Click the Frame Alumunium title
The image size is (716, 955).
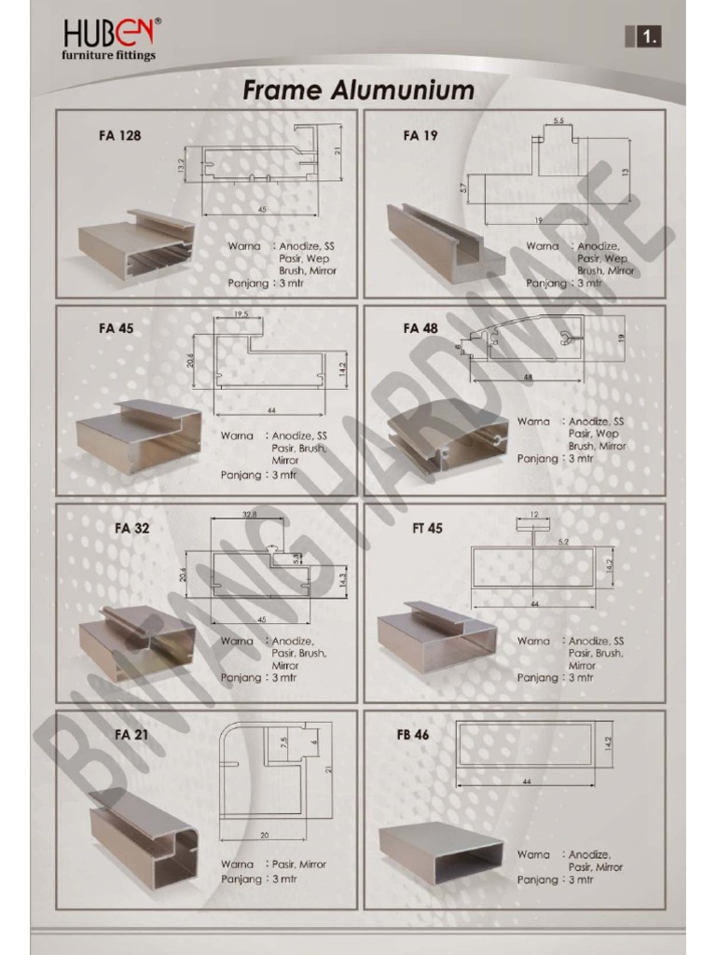point(358,90)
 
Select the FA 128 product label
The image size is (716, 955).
point(120,135)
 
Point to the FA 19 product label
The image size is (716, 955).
point(420,135)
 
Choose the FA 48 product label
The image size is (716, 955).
point(420,328)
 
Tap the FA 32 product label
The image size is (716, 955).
point(131,528)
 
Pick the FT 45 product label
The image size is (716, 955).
point(427,528)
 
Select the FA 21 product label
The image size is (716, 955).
point(131,734)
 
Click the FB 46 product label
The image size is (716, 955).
point(412,734)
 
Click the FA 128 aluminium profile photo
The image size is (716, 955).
point(136,244)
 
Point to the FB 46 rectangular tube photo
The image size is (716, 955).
point(441,852)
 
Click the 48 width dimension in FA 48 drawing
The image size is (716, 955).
point(527,377)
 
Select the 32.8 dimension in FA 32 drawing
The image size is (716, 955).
point(250,514)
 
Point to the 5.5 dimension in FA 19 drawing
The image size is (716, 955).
point(558,122)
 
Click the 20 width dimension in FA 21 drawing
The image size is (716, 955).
point(263,836)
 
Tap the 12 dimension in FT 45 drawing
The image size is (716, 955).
point(533,515)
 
